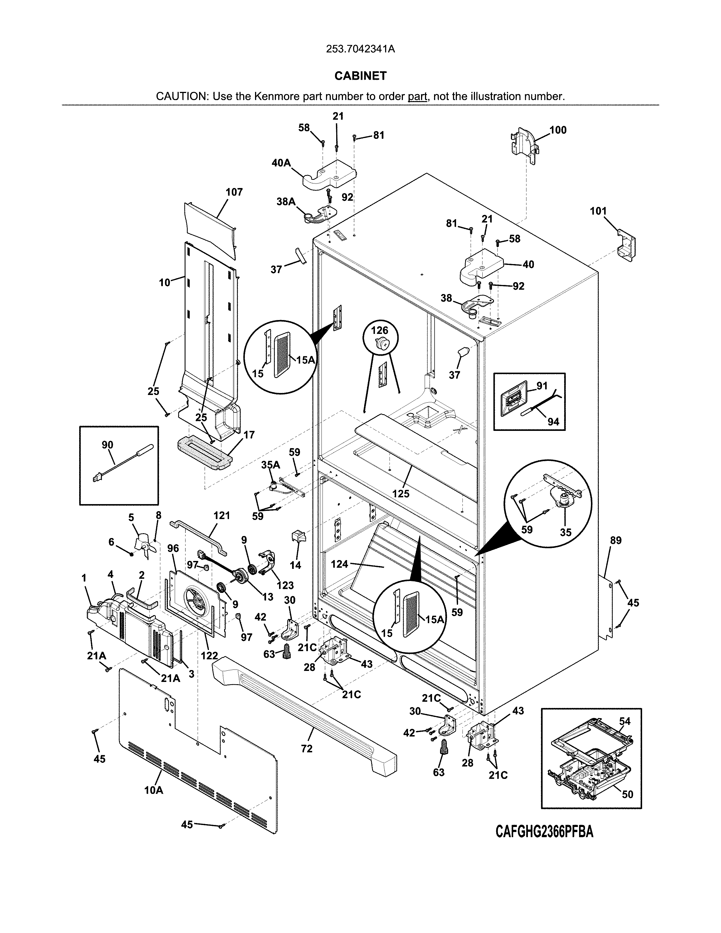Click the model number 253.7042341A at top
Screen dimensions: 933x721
click(x=360, y=49)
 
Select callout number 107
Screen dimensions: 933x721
click(x=234, y=192)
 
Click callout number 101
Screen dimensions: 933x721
click(x=598, y=211)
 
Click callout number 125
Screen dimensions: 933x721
click(x=401, y=494)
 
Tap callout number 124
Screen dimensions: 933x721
click(x=340, y=564)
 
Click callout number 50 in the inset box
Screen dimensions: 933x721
click(x=627, y=794)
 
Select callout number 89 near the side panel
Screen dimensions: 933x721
click(x=616, y=540)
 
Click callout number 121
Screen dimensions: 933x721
click(x=222, y=516)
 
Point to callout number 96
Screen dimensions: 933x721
click(x=173, y=548)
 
